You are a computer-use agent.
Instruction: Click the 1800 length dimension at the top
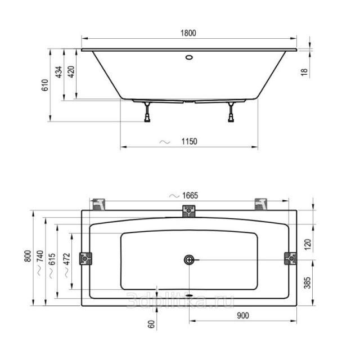[188, 33]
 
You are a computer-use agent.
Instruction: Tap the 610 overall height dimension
[45, 85]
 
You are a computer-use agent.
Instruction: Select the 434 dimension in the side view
[59, 72]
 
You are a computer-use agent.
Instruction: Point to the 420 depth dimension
[71, 71]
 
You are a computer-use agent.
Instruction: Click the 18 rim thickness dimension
[304, 72]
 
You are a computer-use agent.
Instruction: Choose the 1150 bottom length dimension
[189, 141]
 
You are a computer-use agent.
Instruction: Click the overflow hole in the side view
[189, 57]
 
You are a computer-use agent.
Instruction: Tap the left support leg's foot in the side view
[147, 119]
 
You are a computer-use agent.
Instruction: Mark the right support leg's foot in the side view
[231, 119]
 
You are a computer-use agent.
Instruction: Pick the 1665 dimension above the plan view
[190, 196]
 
